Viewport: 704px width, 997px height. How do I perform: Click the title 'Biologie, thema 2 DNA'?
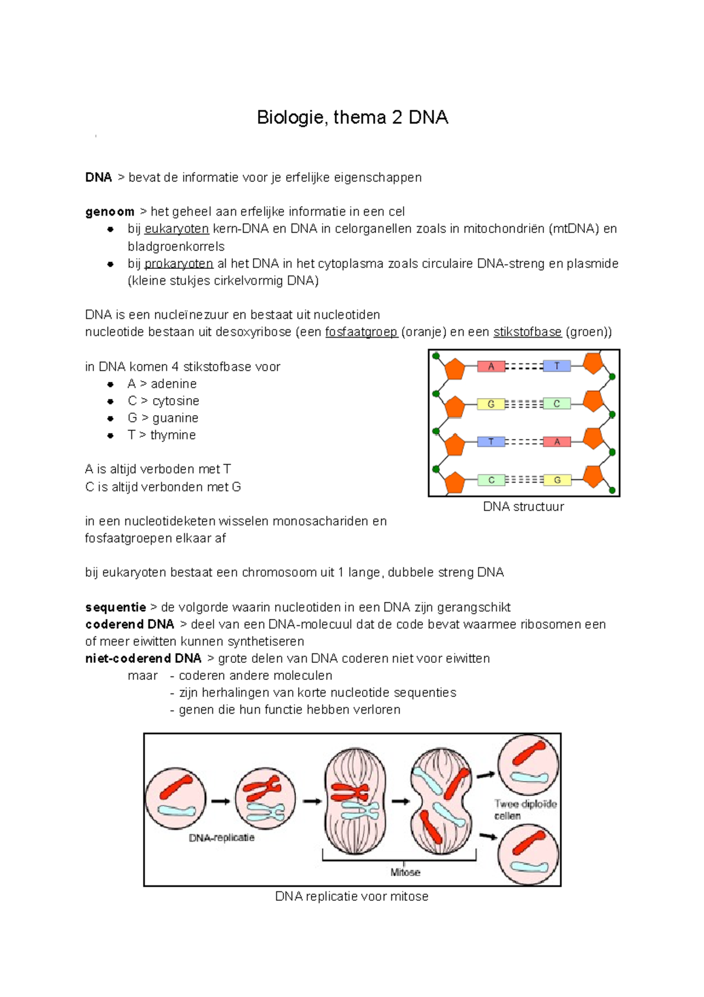(x=352, y=118)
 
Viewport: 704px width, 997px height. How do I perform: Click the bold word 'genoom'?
(x=110, y=212)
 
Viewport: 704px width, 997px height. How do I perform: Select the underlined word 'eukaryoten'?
(x=177, y=229)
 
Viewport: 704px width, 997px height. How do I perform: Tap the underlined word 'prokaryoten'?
(x=178, y=264)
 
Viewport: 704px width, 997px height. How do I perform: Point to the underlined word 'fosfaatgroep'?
(x=361, y=332)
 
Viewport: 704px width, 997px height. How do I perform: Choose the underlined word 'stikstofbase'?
(x=527, y=332)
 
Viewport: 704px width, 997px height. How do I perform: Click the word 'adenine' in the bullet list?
(x=174, y=384)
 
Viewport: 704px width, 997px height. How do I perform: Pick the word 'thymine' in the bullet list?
(x=173, y=435)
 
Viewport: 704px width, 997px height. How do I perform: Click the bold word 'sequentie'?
(x=116, y=607)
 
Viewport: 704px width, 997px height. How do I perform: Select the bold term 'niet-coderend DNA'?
(x=143, y=658)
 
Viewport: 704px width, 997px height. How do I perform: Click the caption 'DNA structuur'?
(x=523, y=507)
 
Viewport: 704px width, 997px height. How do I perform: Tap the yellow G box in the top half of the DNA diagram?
(x=491, y=404)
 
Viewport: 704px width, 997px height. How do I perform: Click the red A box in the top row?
(x=491, y=366)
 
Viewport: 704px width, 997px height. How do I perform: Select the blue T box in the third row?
(x=491, y=442)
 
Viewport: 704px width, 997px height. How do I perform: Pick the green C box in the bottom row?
(x=491, y=480)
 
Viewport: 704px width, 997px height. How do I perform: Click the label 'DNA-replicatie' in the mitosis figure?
(x=221, y=838)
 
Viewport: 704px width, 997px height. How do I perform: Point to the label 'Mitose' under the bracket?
(x=405, y=873)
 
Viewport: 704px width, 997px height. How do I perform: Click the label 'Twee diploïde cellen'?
(x=524, y=810)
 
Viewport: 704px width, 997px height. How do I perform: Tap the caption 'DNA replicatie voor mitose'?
(x=352, y=897)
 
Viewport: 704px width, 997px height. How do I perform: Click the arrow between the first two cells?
(x=221, y=801)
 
